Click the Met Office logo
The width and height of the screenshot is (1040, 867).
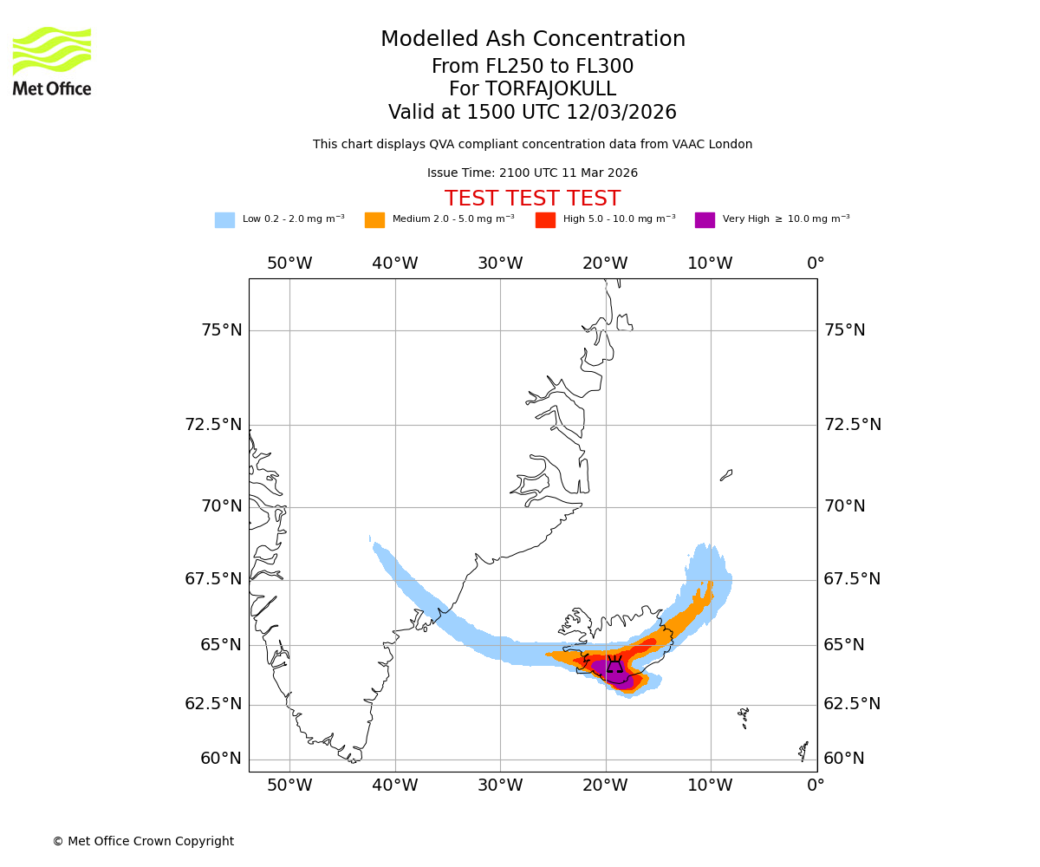[52, 61]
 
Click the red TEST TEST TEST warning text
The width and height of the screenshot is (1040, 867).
[532, 199]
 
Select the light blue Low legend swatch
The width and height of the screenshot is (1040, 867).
[224, 220]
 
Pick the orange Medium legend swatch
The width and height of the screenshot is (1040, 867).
[374, 220]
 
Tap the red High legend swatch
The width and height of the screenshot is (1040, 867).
[545, 220]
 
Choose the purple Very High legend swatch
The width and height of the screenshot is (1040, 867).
[705, 220]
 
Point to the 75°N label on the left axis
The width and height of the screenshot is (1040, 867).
[221, 330]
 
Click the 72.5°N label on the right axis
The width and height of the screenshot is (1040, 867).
[852, 425]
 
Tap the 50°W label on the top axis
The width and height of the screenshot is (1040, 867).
[289, 264]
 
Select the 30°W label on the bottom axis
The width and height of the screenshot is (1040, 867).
[500, 786]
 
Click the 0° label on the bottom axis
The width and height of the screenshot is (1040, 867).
[816, 786]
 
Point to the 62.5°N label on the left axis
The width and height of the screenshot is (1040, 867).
[213, 704]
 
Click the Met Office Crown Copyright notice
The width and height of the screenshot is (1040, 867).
[143, 841]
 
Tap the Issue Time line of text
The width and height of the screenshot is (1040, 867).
[532, 173]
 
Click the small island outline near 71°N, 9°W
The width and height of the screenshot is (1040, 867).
[726, 475]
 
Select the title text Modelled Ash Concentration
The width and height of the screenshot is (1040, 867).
[532, 39]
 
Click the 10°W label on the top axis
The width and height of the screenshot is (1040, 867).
[710, 264]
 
